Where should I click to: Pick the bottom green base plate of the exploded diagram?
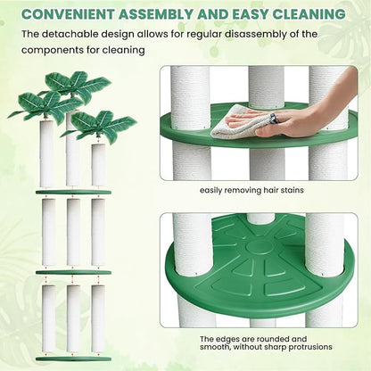click(73, 359)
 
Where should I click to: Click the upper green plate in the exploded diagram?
click(73, 191)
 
